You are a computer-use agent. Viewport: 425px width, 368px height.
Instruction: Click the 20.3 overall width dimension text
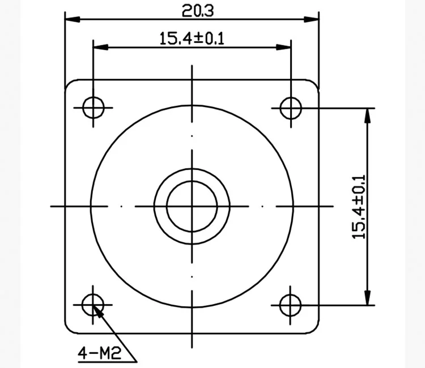(x=192, y=10)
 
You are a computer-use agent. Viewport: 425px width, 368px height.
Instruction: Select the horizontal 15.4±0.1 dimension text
(x=192, y=38)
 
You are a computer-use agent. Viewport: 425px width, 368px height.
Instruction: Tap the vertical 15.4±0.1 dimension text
(x=359, y=206)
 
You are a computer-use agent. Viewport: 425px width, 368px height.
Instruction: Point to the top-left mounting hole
(x=93, y=106)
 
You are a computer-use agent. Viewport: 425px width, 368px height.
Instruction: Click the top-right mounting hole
(x=291, y=106)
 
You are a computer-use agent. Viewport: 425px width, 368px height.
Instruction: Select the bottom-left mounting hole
(x=93, y=305)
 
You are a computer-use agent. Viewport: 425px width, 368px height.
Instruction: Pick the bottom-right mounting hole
(x=291, y=305)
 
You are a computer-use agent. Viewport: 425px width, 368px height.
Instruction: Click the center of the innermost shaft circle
(x=192, y=206)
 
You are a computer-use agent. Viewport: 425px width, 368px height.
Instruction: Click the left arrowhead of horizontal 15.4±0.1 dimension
(x=99, y=48)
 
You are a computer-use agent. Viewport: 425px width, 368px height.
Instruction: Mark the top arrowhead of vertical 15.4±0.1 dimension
(x=368, y=113)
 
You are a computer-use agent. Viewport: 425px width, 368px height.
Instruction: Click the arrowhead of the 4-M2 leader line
(x=97, y=310)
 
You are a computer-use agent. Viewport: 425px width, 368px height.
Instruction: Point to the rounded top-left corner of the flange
(x=70, y=84)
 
